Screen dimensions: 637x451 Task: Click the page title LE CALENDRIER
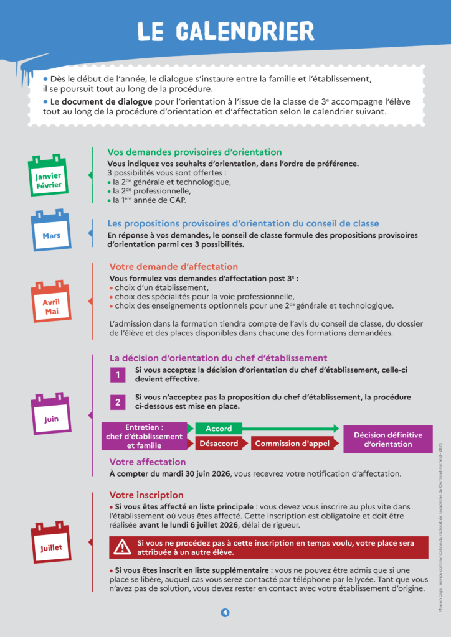(225, 31)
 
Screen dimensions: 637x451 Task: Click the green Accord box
(219, 429)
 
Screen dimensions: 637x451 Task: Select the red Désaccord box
(218, 444)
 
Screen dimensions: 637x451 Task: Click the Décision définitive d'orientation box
(387, 439)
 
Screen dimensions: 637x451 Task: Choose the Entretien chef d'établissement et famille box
(144, 436)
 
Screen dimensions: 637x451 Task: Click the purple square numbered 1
(116, 375)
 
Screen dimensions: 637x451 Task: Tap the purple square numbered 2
(116, 402)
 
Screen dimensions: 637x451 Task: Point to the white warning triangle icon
(121, 547)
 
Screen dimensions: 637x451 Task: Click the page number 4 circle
(225, 613)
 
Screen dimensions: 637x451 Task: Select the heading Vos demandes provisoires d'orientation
(194, 152)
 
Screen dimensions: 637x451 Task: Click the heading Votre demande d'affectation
(173, 267)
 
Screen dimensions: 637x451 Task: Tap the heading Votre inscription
(146, 495)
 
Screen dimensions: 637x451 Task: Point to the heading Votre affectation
(148, 462)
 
